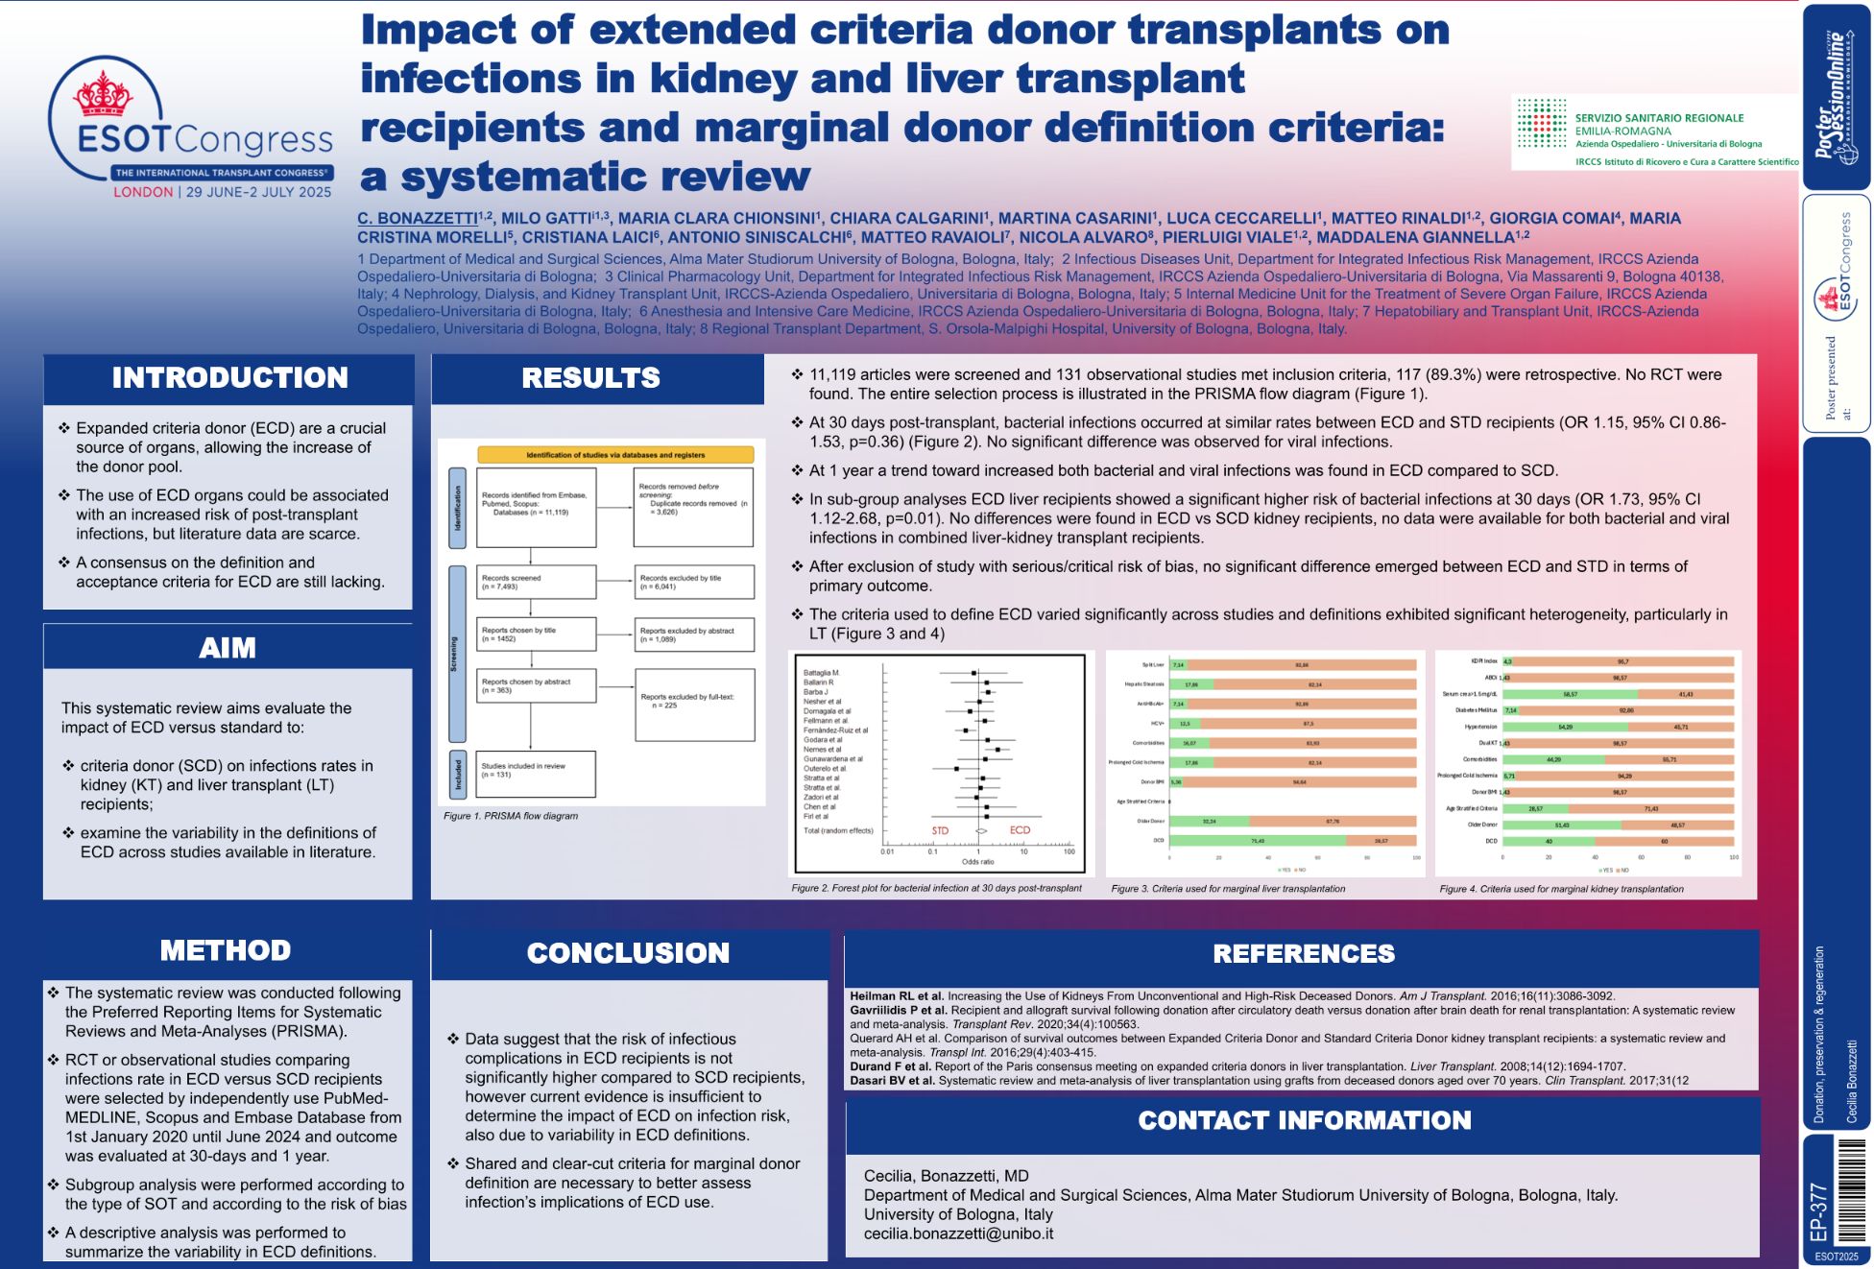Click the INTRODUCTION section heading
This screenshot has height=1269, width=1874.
coord(229,378)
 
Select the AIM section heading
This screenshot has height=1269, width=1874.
coord(228,648)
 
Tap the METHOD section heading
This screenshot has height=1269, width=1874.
coord(226,950)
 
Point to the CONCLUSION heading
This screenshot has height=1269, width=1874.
coord(628,953)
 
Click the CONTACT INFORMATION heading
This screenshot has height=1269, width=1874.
coord(1304,1120)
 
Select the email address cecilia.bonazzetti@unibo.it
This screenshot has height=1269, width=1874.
coord(958,1233)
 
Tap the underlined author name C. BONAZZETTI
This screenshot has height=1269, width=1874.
coord(418,219)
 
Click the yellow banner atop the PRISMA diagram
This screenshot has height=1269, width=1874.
coord(615,455)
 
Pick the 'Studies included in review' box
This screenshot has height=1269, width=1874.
coord(536,773)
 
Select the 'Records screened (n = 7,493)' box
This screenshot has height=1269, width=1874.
coord(536,582)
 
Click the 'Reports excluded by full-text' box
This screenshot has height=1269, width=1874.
coord(693,705)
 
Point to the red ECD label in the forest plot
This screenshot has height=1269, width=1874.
coord(1020,830)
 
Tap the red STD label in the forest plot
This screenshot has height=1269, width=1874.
coord(940,830)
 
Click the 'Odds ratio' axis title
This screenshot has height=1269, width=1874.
coord(978,862)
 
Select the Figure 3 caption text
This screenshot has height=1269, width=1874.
coord(1227,889)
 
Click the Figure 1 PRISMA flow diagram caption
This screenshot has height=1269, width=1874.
coord(511,816)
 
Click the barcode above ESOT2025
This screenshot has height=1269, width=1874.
coord(1849,1191)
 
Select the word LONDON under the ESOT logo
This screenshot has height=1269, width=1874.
coord(143,192)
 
